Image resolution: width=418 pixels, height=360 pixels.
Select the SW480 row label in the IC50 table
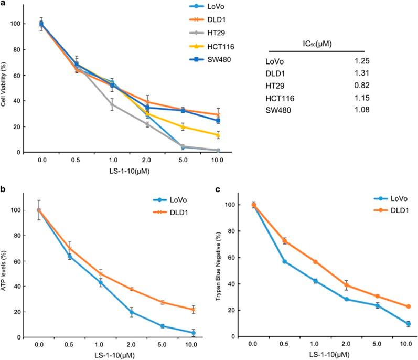point(278,110)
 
